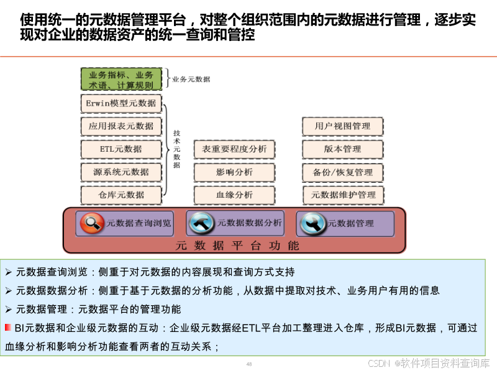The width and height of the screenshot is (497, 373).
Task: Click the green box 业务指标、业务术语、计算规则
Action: [121, 80]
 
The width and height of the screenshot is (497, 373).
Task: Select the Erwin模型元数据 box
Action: [121, 103]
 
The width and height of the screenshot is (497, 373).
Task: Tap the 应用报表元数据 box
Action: [121, 126]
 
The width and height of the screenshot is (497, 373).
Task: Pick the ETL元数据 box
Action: [121, 149]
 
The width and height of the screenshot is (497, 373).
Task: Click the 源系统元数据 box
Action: [121, 172]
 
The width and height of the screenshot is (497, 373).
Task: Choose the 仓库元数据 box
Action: [121, 195]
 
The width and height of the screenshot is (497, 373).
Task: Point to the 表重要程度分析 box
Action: [234, 149]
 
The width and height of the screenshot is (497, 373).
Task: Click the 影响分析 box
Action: [234, 172]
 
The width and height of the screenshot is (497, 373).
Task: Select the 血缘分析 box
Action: [234, 195]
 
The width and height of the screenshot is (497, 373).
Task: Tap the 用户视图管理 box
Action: [343, 126]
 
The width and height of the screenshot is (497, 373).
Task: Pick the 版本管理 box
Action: [343, 149]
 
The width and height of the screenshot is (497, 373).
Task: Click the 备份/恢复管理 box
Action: [343, 172]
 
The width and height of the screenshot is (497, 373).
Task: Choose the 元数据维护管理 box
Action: [343, 195]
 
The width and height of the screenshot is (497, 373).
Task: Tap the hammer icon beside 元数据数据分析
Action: [203, 223]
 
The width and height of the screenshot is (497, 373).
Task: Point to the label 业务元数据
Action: [191, 80]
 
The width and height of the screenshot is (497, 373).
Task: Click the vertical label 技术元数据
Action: [177, 149]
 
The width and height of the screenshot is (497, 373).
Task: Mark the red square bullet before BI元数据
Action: [7, 328]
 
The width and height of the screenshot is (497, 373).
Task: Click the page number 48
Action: [249, 364]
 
